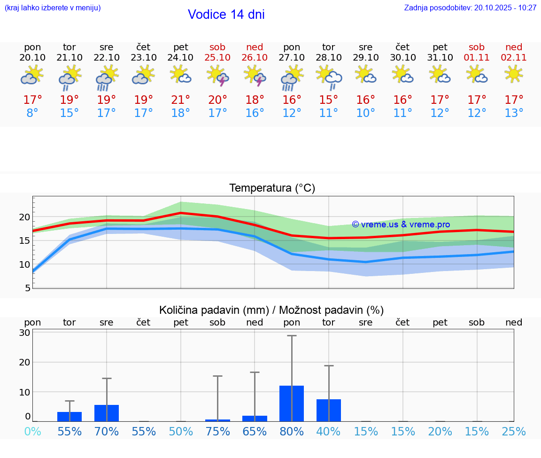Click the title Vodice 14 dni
[x=226, y=15]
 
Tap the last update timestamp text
[x=470, y=8]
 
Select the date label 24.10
[x=181, y=57]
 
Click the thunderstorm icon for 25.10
[x=218, y=76]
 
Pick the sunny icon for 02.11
[x=513, y=74]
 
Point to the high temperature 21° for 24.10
[x=181, y=100]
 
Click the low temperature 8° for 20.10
[x=32, y=113]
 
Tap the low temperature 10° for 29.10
[x=366, y=113]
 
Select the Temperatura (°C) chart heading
[x=272, y=188]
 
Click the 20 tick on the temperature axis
[x=24, y=217]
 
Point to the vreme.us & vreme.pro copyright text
[x=401, y=225]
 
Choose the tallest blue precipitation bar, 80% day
[x=292, y=404]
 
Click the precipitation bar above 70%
[x=107, y=413]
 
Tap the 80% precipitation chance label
[x=292, y=432]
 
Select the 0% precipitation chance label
[x=32, y=432]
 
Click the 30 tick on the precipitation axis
[x=24, y=333]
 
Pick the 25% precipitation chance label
[x=513, y=432]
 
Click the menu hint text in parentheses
[x=53, y=8]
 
